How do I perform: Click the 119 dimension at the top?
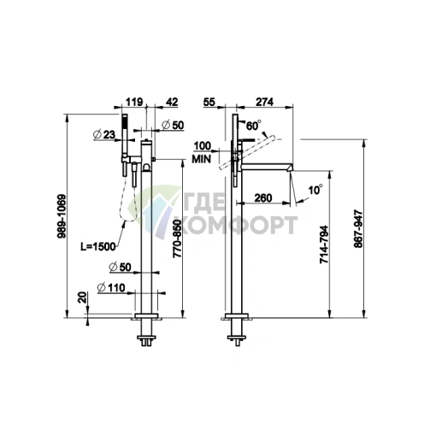[x=134, y=102]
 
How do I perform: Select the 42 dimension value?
[x=172, y=102]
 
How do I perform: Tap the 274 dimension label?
[x=264, y=102]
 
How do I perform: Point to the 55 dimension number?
[x=209, y=102]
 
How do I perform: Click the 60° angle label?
[x=253, y=126]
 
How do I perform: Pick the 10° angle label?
[x=315, y=190]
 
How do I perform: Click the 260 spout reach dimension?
[x=263, y=197]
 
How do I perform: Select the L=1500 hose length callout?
[x=98, y=247]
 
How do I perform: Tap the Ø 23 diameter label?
[x=104, y=134]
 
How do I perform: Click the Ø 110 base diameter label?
[x=111, y=287]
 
